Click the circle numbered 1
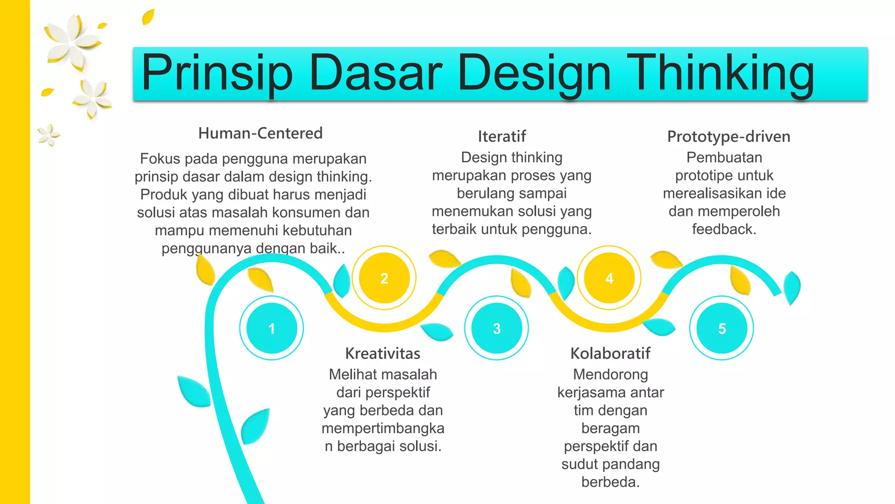point(271,328)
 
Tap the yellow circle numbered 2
point(384,278)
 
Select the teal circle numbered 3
point(496,328)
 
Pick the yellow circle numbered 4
point(609,278)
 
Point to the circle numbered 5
point(722,328)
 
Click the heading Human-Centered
point(260,133)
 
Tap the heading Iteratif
point(502,136)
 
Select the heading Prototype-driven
point(728,136)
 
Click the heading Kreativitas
point(383,353)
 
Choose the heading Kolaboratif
point(611,353)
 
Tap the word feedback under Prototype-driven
point(723,229)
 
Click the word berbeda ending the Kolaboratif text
point(610,482)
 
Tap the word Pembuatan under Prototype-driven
point(724,157)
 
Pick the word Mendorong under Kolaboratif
point(611,374)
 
